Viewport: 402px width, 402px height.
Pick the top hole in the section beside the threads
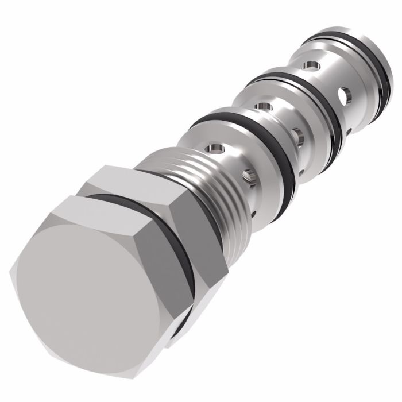(215, 150)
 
